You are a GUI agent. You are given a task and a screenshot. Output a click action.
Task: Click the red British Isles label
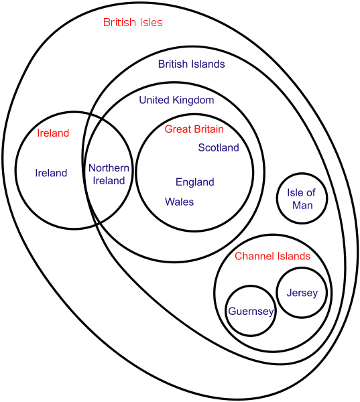coord(133,22)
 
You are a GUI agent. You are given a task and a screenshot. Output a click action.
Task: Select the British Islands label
coord(192,64)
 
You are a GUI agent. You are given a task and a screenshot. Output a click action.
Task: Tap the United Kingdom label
coord(176,100)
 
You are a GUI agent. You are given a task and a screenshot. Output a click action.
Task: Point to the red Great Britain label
coord(194,129)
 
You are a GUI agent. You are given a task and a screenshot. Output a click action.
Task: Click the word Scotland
coord(219,147)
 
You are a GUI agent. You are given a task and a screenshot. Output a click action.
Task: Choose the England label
coord(195,182)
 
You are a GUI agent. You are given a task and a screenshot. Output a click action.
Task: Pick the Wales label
coord(180,202)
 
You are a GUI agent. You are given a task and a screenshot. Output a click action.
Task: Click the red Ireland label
coord(53,133)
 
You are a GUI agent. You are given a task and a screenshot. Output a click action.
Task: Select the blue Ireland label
coord(51,173)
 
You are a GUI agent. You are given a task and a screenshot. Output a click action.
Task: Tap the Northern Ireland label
coord(109,174)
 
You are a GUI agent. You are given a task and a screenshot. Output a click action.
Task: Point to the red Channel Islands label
coord(272,256)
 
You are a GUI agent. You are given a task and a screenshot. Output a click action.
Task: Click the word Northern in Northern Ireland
coord(109,168)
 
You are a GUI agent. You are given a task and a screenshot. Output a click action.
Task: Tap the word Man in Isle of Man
coord(302,206)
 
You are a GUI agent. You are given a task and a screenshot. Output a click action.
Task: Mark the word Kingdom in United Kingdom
coord(193,100)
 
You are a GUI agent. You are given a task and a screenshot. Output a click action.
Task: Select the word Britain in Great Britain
coord(209,129)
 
